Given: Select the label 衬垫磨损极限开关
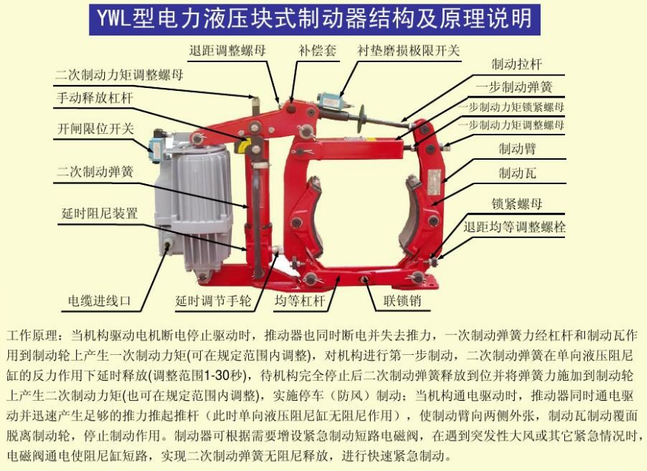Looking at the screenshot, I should coord(408,51).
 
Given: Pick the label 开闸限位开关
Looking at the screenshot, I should coord(95,127).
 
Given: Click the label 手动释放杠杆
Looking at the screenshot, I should coord(95,97).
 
